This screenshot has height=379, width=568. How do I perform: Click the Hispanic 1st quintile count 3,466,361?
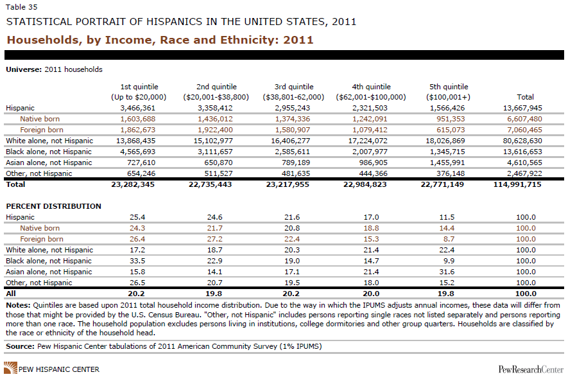tap(139, 108)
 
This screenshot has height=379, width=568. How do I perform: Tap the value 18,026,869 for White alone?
tap(450, 141)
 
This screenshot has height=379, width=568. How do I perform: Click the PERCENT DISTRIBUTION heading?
tap(53, 206)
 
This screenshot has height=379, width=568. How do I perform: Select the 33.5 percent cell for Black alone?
tap(139, 261)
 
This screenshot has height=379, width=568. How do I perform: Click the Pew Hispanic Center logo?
tap(51, 369)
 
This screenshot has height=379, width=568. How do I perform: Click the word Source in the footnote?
tap(19, 346)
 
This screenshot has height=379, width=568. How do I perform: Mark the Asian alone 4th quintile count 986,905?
tap(371, 163)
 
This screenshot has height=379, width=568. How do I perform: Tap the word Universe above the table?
tap(22, 69)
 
